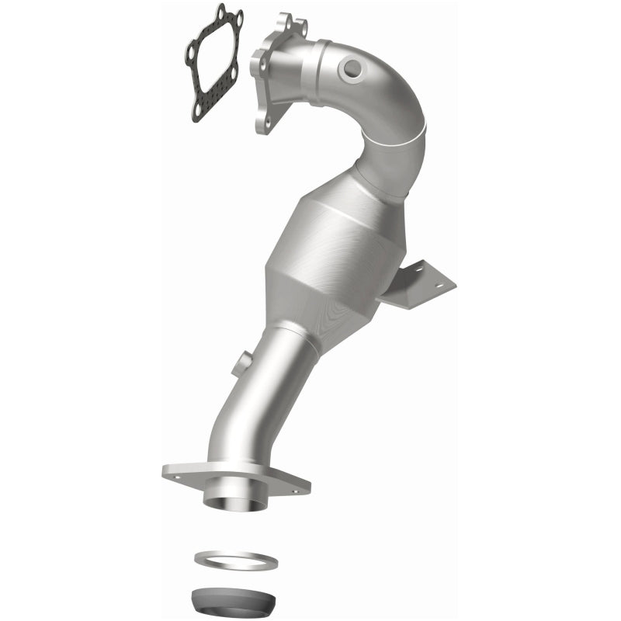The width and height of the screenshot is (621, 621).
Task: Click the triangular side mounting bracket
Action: coord(423,283)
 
